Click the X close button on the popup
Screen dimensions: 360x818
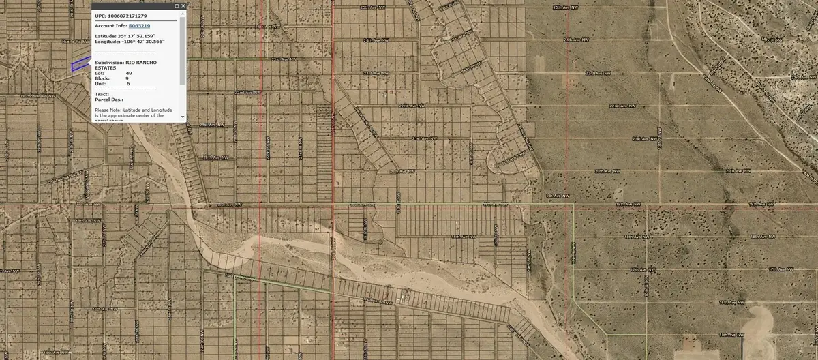[183, 6]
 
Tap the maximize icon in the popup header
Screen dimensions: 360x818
[177, 6]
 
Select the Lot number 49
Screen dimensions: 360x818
[128, 73]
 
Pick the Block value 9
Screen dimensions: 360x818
[127, 78]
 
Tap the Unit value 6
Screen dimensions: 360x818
[127, 84]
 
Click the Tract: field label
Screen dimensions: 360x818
[102, 94]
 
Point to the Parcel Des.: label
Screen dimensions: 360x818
[108, 100]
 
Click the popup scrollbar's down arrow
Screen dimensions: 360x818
[183, 117]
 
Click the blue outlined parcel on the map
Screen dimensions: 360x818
[80, 63]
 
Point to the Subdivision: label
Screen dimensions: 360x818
[109, 62]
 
